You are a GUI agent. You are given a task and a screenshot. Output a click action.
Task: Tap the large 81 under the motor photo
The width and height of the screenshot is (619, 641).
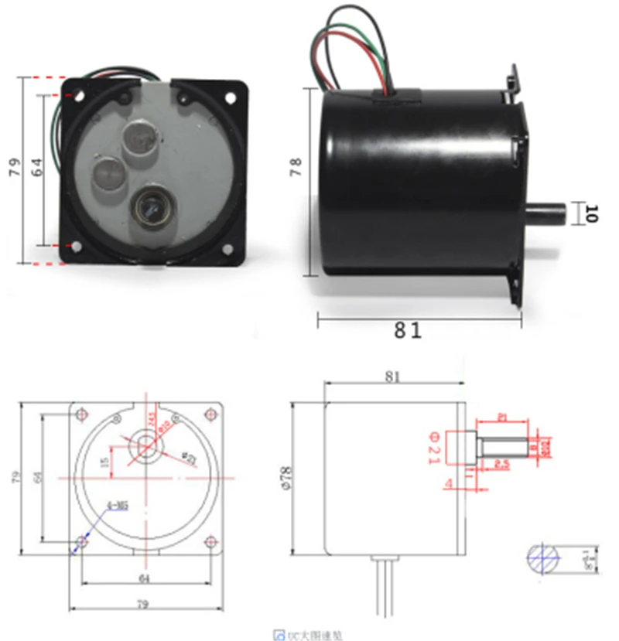(408, 331)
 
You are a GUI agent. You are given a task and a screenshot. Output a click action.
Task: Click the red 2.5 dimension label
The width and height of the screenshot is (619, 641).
(501, 465)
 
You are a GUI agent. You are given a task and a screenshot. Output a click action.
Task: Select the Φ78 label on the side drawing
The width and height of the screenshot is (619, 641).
(286, 479)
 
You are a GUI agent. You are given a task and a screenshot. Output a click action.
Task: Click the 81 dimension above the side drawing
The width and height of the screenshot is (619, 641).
(393, 377)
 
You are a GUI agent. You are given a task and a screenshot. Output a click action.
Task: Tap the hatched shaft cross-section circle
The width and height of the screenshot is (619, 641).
(544, 557)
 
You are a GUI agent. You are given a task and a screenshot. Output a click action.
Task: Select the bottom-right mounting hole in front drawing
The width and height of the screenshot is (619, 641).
(211, 542)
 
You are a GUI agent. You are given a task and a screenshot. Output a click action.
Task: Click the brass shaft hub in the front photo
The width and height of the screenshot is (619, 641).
(149, 207)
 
